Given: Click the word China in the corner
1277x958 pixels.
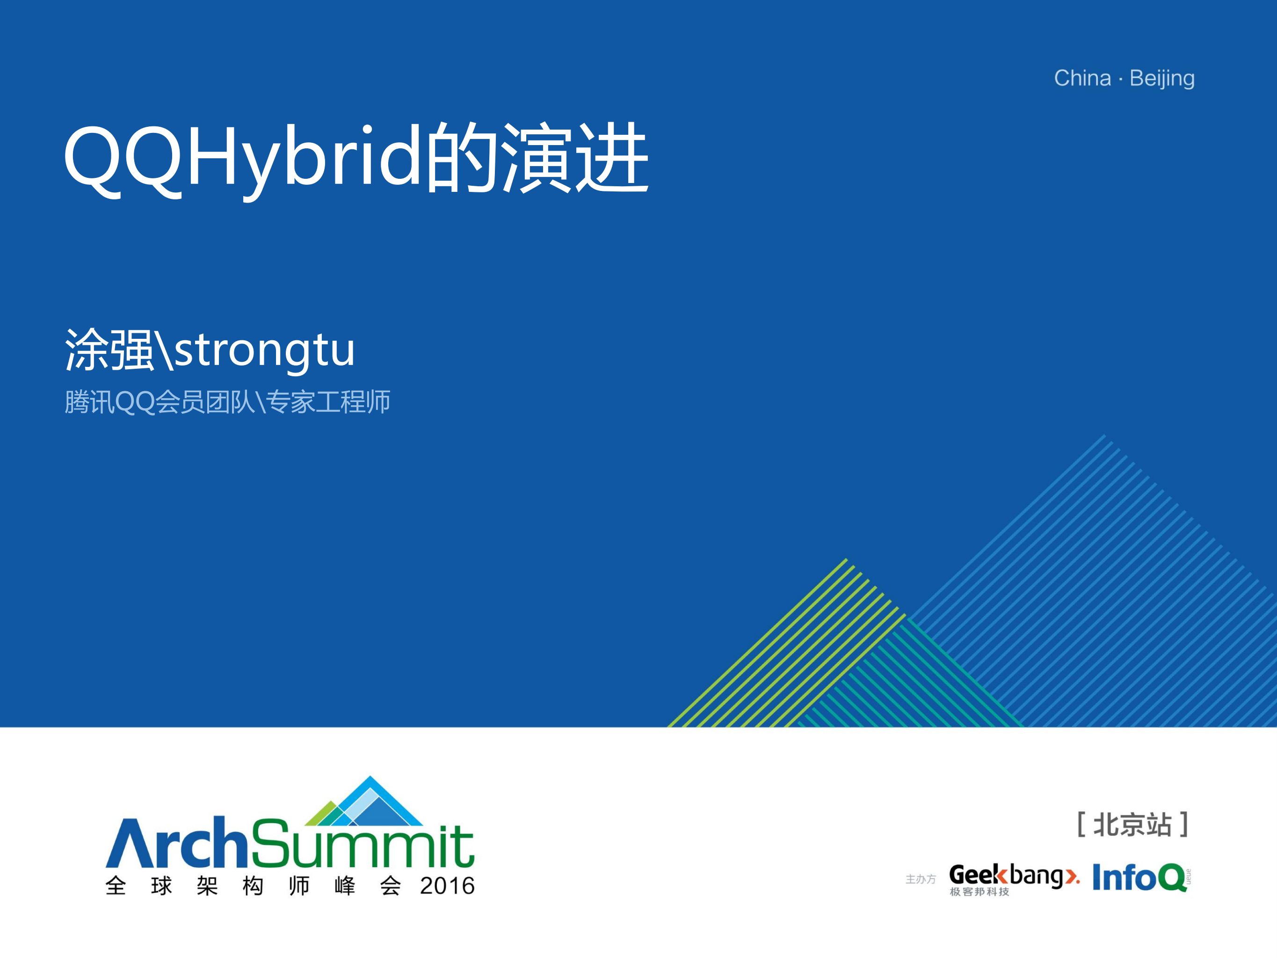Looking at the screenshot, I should click(1082, 78).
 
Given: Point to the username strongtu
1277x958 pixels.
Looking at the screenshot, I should click(264, 351).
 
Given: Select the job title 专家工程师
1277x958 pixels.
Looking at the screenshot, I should click(328, 402).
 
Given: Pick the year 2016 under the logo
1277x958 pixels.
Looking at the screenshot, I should click(447, 886).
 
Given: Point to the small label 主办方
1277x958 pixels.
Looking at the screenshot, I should click(920, 879).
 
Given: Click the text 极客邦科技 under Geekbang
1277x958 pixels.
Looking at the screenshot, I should click(979, 892).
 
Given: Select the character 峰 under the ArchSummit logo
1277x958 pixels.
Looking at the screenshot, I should click(345, 886).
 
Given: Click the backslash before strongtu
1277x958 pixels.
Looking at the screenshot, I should click(164, 351).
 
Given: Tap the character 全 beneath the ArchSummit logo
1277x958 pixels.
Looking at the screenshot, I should click(116, 886).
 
